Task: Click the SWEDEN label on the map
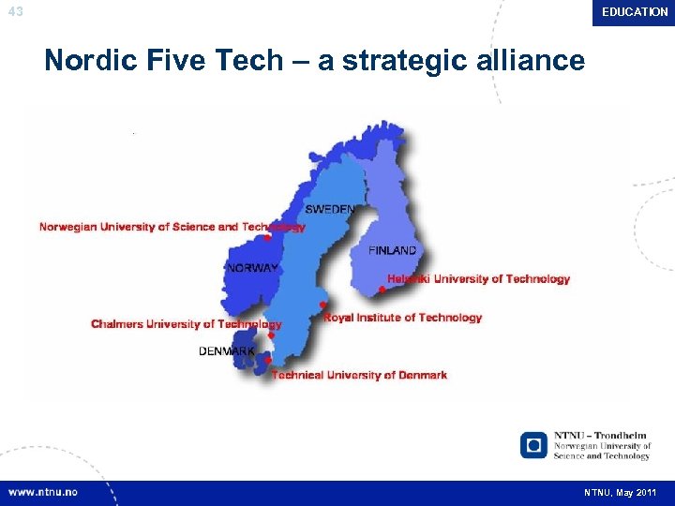[329, 209]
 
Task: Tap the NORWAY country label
[252, 268]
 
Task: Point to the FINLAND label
[392, 251]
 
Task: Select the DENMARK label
[226, 351]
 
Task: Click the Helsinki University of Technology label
[478, 279]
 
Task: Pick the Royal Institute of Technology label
[403, 318]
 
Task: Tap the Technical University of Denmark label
[359, 375]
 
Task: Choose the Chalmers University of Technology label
[186, 324]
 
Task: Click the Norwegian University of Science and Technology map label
[172, 227]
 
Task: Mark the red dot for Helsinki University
[382, 290]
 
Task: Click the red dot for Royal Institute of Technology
[322, 305]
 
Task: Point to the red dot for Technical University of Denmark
[267, 360]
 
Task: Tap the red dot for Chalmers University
[270, 335]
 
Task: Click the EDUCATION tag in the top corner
[635, 12]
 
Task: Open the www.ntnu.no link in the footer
[43, 492]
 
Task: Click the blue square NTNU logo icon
[533, 444]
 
